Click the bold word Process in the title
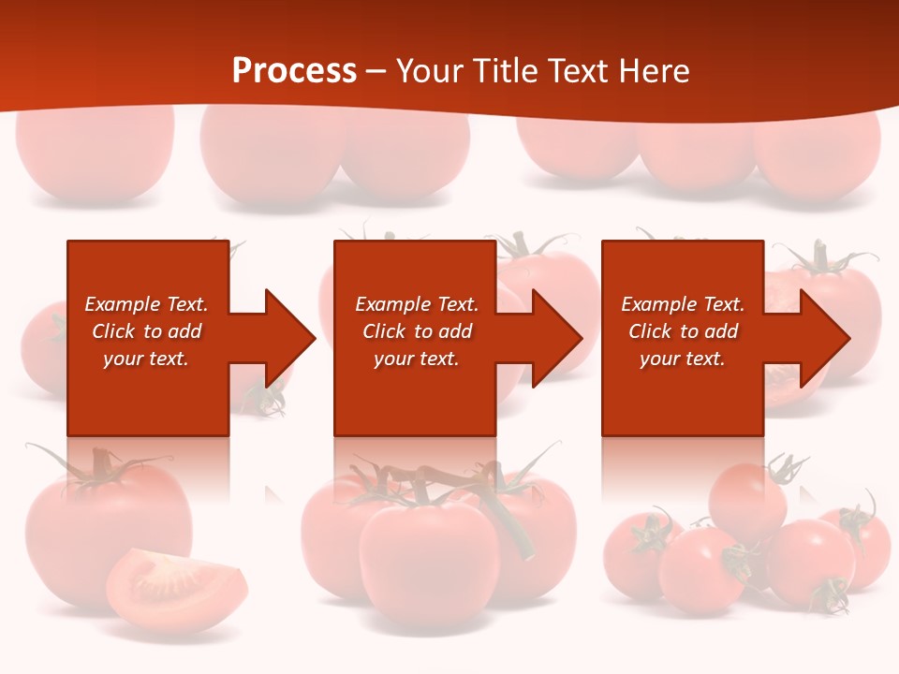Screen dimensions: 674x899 [294, 71]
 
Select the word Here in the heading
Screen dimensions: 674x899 [654, 71]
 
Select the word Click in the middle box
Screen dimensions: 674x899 [383, 331]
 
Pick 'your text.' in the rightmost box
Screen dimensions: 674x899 [682, 359]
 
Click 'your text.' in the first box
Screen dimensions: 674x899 [146, 359]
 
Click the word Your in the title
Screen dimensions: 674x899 [430, 71]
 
